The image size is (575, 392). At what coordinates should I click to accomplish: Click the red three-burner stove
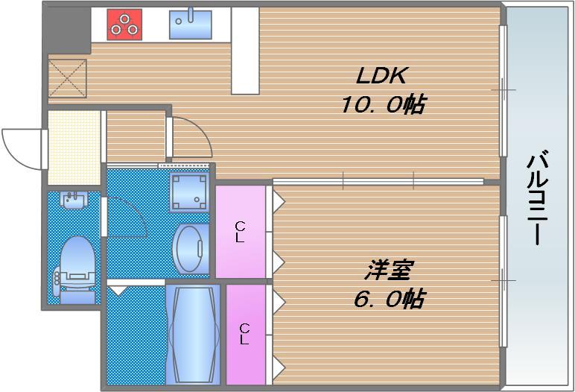click(124, 24)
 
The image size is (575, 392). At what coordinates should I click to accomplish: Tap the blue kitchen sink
click(191, 25)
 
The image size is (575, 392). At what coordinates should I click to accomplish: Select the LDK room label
click(382, 76)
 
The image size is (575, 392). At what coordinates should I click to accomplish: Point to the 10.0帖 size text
click(382, 104)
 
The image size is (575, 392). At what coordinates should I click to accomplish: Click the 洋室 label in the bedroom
click(390, 269)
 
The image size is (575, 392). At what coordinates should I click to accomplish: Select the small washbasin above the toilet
click(74, 201)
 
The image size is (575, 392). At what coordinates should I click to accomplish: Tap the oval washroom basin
click(190, 249)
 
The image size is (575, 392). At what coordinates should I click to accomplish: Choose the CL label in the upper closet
click(240, 232)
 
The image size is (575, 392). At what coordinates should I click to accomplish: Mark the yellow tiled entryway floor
click(74, 147)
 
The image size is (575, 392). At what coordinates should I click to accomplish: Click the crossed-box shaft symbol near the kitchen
click(68, 78)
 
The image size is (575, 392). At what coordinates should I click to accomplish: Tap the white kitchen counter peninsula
click(245, 50)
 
